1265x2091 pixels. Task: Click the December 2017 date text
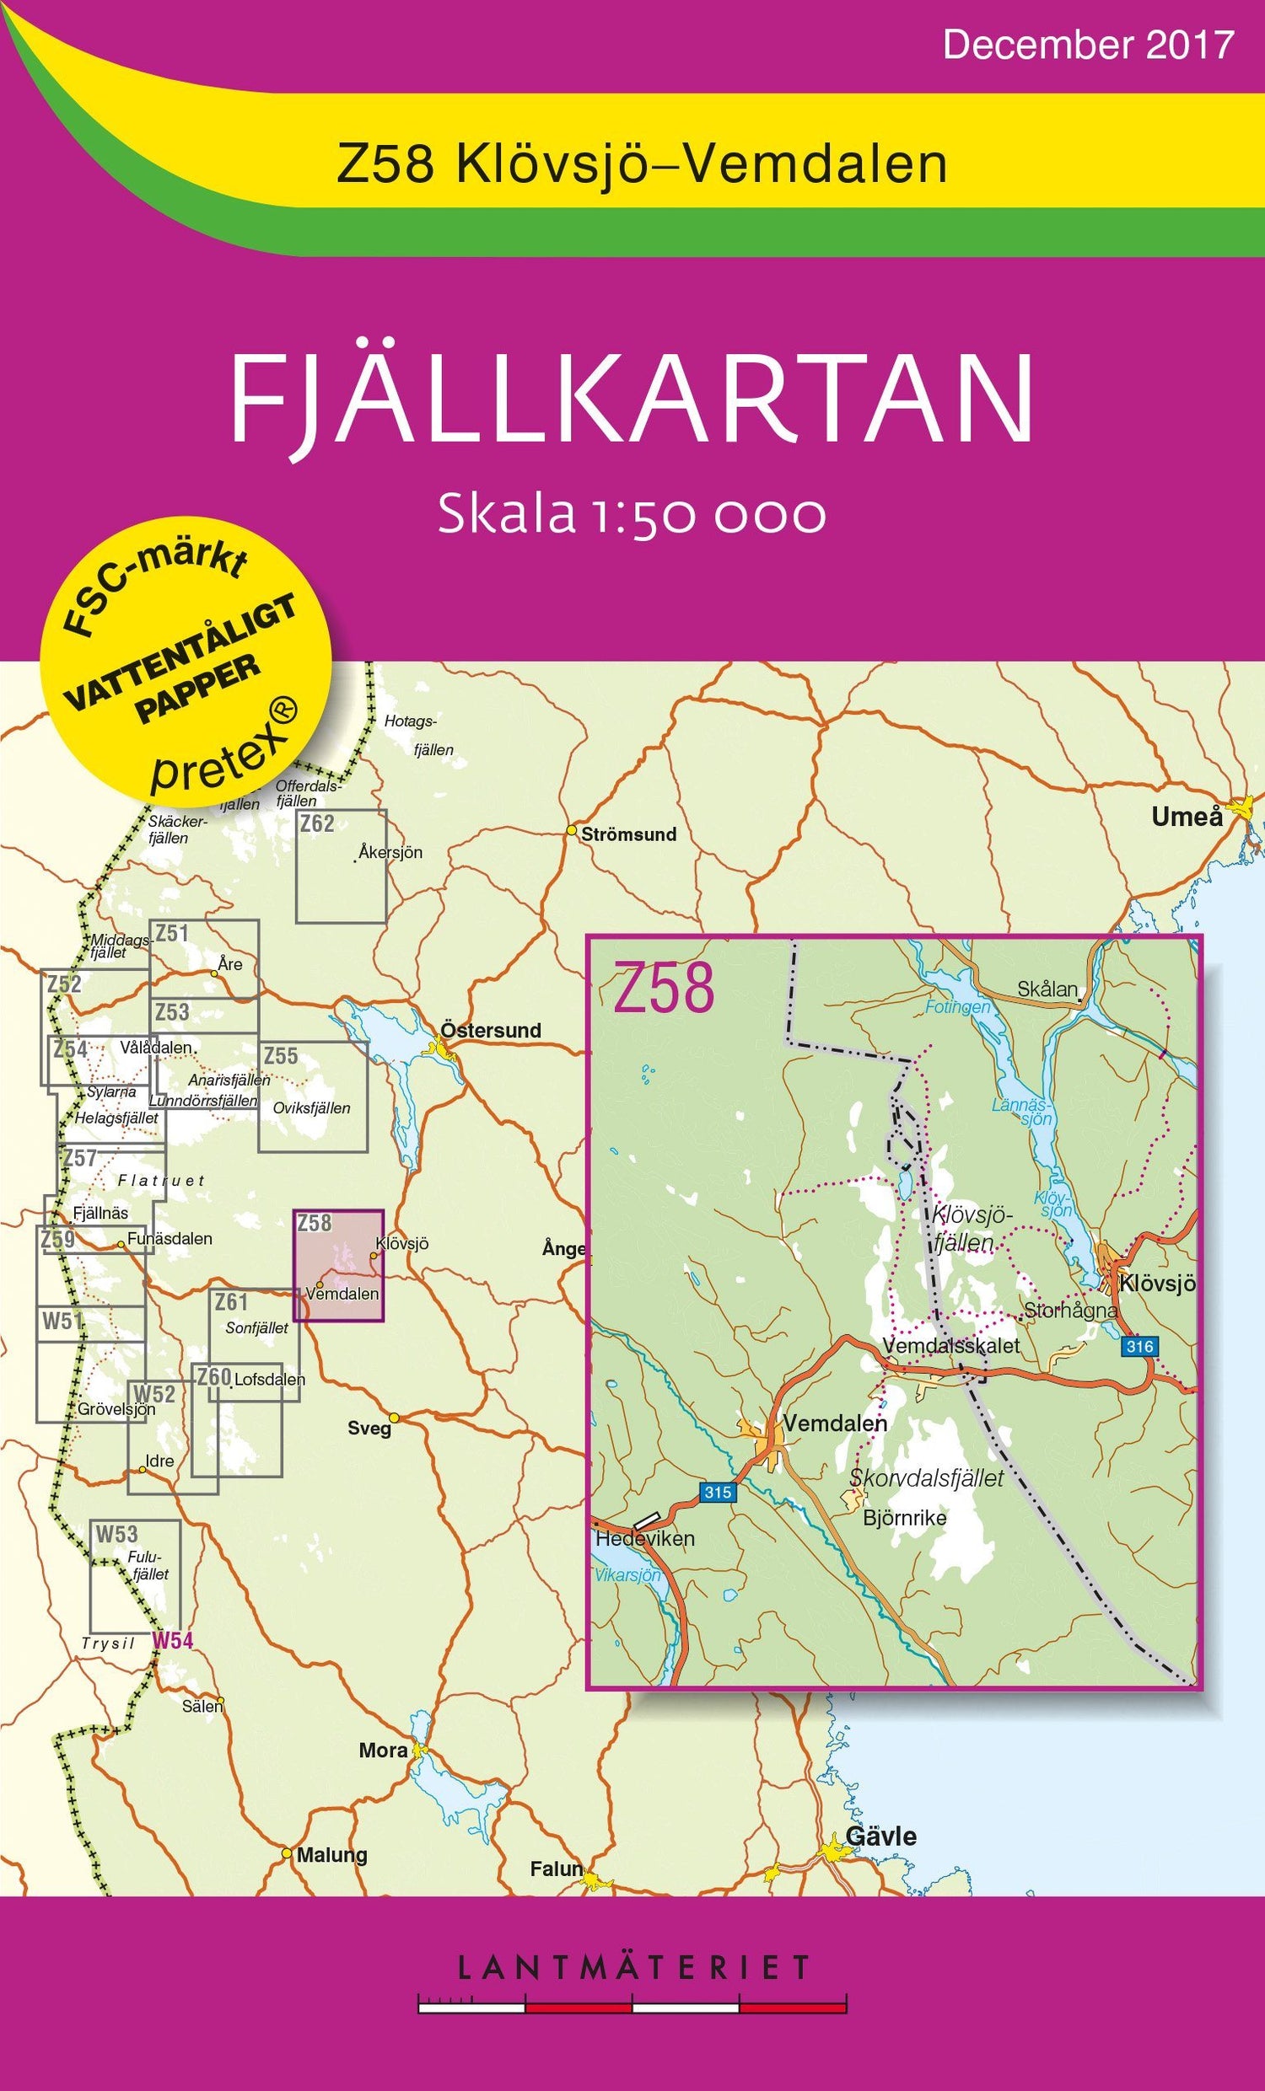[x=1087, y=44]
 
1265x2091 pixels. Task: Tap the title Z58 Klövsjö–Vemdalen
[x=642, y=165]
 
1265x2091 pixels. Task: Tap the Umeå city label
[x=1187, y=818]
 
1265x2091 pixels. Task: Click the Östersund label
[x=490, y=1030]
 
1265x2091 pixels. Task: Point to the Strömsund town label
[x=628, y=834]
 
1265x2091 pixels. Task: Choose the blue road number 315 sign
[x=717, y=1493]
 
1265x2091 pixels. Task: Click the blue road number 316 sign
[x=1138, y=1346]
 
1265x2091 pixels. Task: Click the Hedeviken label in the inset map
[x=645, y=1539]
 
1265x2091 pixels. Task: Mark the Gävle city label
[x=880, y=1837]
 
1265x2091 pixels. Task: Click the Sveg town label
[x=369, y=1429]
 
